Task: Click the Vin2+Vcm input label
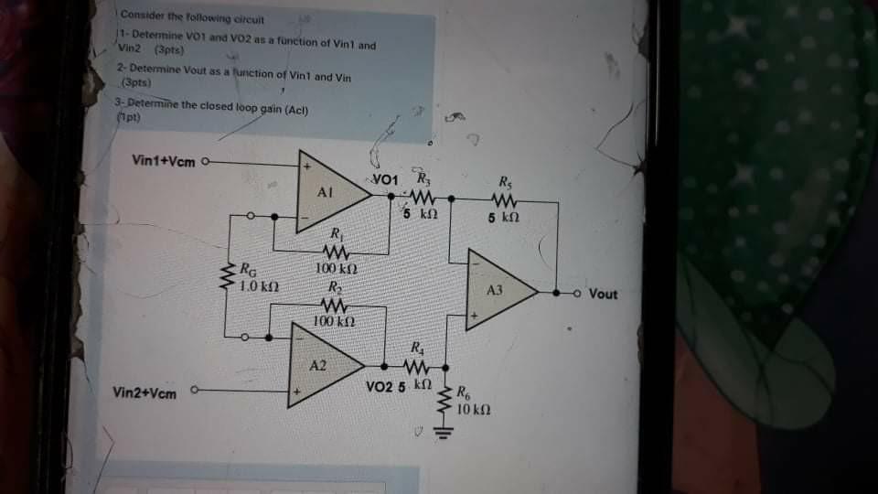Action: click(x=145, y=392)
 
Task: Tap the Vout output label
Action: click(x=604, y=295)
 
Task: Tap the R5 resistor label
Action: click(x=506, y=179)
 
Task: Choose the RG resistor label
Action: click(x=247, y=270)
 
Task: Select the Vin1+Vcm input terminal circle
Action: click(x=205, y=162)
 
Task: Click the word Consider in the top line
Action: click(x=141, y=16)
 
